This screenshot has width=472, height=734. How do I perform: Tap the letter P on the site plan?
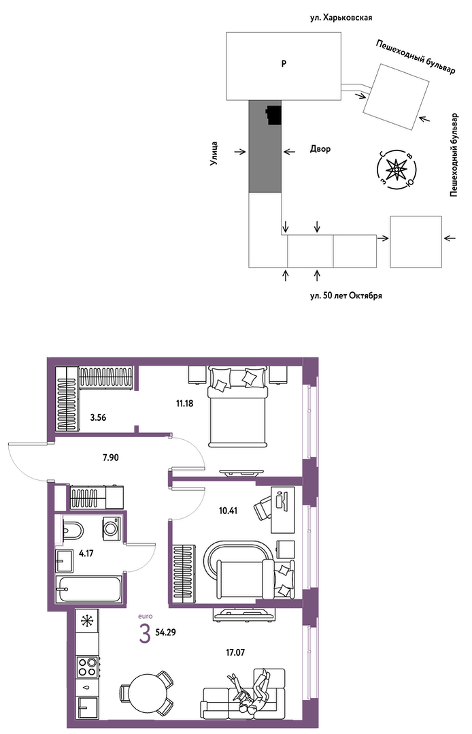[x=284, y=64]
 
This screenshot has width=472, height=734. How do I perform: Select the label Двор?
[x=320, y=149]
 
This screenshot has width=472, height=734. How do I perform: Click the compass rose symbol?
[x=397, y=168]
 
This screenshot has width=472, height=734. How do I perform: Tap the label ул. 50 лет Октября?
[x=345, y=296]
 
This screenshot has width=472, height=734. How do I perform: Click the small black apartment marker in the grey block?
[x=274, y=115]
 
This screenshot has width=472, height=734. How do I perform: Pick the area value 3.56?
[x=98, y=417]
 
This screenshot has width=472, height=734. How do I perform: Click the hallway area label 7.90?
[x=110, y=458]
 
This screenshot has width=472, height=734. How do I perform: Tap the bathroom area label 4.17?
[x=86, y=554]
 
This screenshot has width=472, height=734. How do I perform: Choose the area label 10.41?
[x=229, y=511]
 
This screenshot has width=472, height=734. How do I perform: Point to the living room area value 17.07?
[x=236, y=652]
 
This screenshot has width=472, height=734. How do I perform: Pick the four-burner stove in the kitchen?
[x=88, y=666]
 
